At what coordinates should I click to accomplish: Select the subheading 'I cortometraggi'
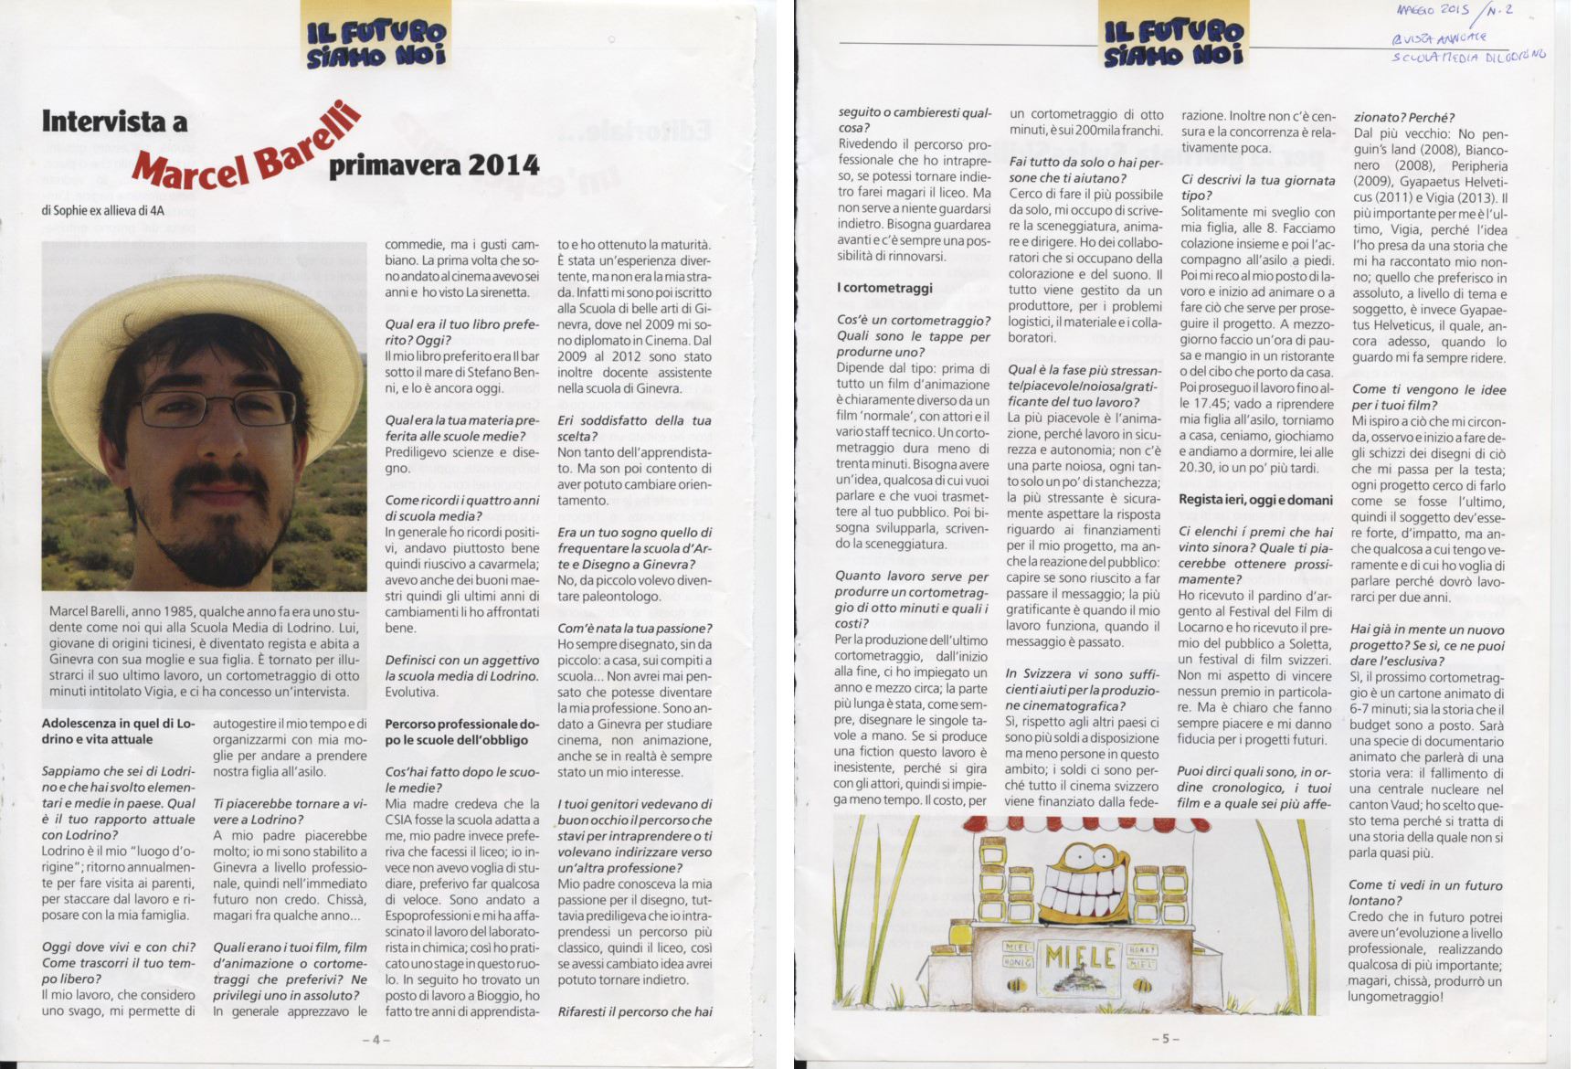click(x=884, y=288)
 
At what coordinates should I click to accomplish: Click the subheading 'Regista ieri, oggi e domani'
click(x=1255, y=500)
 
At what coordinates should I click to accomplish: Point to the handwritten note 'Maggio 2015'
click(x=1432, y=11)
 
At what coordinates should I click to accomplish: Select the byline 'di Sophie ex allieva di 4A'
click(x=103, y=211)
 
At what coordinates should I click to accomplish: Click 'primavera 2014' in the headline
click(x=434, y=164)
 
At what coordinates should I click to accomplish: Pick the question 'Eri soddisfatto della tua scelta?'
click(x=633, y=428)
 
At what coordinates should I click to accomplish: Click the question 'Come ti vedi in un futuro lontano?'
click(x=1425, y=893)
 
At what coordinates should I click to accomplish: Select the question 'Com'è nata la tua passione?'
click(x=634, y=628)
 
